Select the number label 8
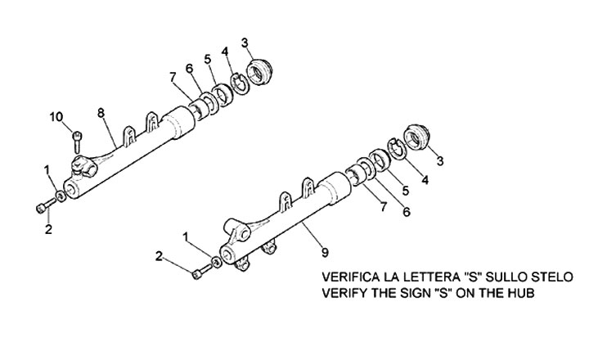tap(100, 111)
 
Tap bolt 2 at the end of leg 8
tap(41, 207)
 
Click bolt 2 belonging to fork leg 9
tap(198, 273)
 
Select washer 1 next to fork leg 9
tap(216, 263)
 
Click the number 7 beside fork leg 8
tap(172, 77)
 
